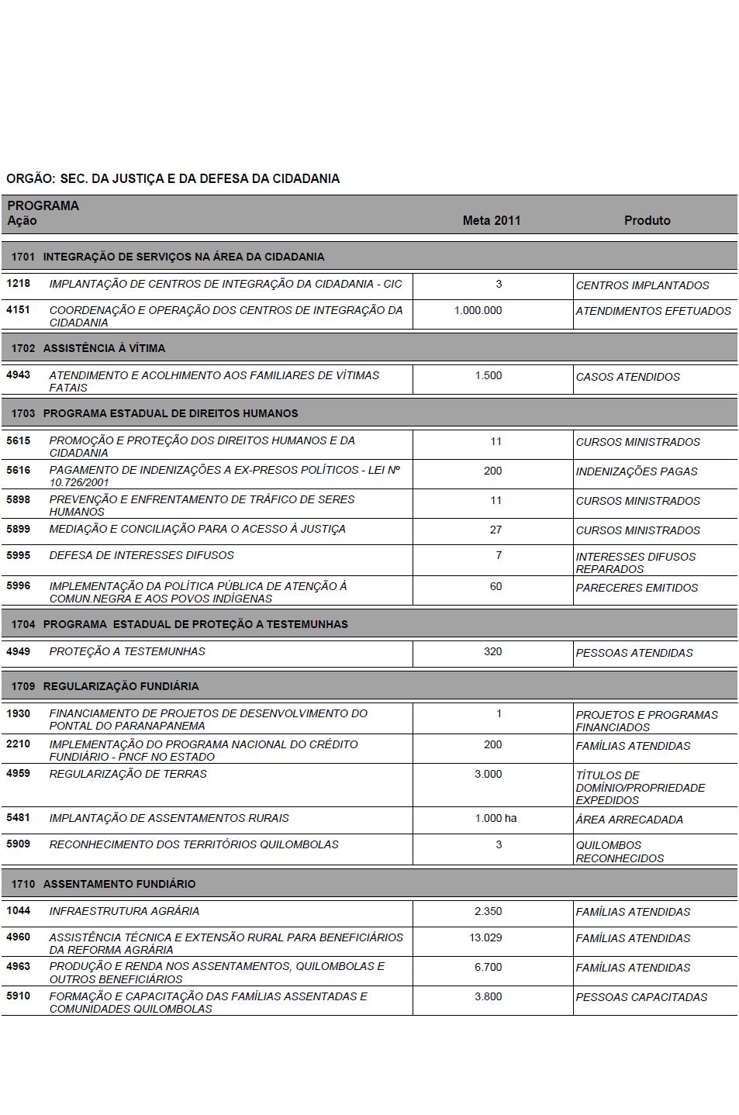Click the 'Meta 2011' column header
(x=492, y=220)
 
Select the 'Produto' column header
(x=647, y=220)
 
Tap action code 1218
(x=18, y=284)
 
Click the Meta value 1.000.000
(x=478, y=310)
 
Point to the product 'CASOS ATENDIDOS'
(x=627, y=377)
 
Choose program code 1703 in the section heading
(x=23, y=413)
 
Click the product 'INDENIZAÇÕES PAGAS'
(x=636, y=471)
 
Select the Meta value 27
(x=496, y=530)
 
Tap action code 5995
(x=18, y=555)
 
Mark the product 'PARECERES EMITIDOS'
(x=637, y=588)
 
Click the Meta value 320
(x=492, y=651)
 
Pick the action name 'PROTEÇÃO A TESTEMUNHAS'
(x=127, y=651)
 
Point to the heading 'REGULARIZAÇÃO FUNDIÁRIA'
(x=121, y=686)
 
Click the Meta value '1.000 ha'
(x=496, y=818)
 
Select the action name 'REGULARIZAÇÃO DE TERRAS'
(x=128, y=774)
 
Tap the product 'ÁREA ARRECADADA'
(x=629, y=820)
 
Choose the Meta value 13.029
(x=485, y=937)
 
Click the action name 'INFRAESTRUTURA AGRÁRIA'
(x=124, y=911)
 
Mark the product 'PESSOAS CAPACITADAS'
(x=641, y=997)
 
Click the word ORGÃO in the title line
(x=30, y=178)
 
